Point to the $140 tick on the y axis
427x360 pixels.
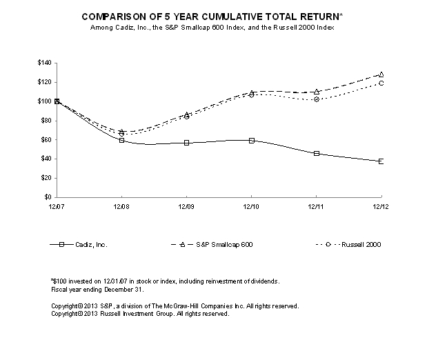coord(45,63)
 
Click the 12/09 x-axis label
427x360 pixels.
coord(186,206)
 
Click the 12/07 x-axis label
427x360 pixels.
coord(57,206)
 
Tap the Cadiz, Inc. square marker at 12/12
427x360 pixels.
coord(380,161)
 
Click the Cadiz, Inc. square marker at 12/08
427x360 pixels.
coord(121,140)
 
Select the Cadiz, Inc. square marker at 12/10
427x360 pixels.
coord(251,140)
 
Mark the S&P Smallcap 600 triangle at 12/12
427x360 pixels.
coord(380,74)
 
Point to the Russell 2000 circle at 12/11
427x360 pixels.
coord(316,99)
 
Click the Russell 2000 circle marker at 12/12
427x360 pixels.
coord(380,83)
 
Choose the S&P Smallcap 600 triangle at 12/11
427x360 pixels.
coord(316,91)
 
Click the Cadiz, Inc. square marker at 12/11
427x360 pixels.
coord(316,153)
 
